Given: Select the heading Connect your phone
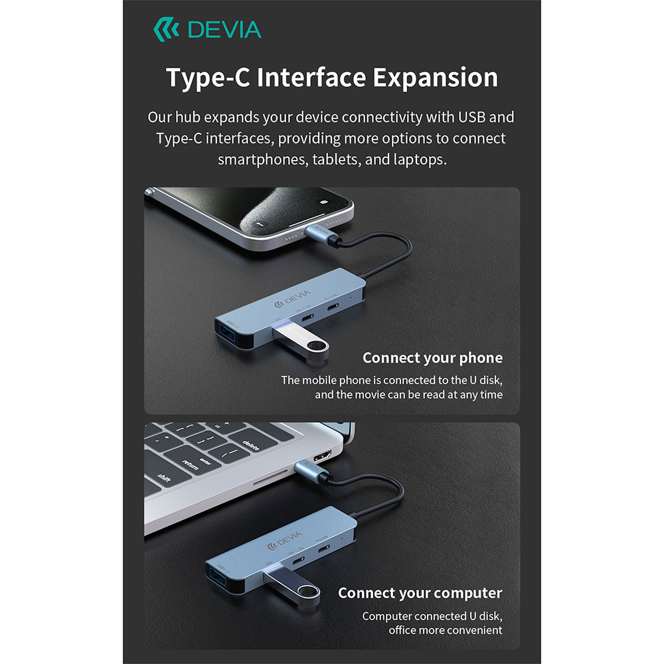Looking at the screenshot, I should click(432, 358).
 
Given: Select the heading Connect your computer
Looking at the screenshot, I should click(420, 593).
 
